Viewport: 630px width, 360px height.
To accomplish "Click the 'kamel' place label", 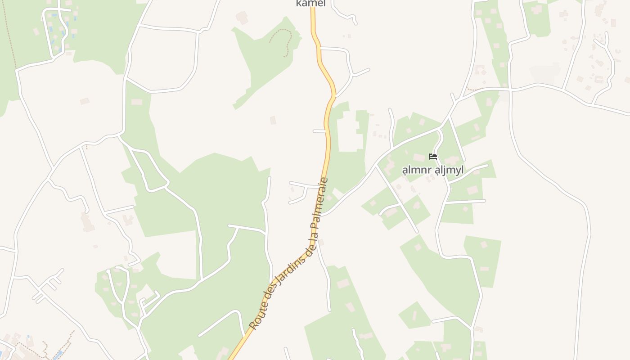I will point(310,4).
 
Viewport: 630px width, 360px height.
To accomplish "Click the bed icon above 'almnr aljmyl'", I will point(433,157).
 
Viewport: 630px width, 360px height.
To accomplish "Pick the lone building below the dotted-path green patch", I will point(273,120).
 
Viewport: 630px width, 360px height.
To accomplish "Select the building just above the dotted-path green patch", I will point(242,18).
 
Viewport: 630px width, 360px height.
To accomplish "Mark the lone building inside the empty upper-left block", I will point(85,101).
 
